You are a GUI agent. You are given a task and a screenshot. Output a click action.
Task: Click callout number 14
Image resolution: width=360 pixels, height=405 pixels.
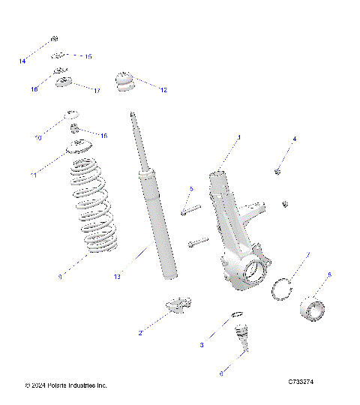point(22,60)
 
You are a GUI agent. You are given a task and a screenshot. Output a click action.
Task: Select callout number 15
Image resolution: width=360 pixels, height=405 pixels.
point(88,56)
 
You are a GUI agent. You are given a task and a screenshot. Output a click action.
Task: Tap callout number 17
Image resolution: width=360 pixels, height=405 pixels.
point(97,91)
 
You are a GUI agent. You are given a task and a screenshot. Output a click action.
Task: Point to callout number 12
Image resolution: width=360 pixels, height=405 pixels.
point(162,90)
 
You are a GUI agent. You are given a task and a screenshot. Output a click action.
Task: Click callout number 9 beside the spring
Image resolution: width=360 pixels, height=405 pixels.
point(59,277)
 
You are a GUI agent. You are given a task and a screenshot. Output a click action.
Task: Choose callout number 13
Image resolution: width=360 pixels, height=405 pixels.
point(117,277)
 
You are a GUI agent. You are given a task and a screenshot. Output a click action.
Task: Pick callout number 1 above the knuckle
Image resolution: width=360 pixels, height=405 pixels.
point(238,138)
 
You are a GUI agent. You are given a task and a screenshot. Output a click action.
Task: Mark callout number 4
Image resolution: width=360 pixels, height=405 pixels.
point(294,139)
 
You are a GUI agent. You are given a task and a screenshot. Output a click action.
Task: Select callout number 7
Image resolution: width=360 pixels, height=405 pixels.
point(307,255)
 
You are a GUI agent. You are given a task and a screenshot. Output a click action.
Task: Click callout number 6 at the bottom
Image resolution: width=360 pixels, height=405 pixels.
point(220,372)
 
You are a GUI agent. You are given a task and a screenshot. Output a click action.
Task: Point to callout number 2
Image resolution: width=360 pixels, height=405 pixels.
point(140,332)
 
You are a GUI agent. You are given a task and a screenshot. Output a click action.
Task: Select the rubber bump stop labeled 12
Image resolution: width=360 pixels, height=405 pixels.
point(125,81)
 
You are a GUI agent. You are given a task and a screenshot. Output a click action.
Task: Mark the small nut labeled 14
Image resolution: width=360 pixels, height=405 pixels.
point(54,39)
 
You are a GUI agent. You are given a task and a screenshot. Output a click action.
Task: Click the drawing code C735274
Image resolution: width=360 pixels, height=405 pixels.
point(301,382)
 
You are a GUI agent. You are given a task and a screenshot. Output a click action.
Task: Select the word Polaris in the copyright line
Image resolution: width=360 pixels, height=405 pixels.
point(61,385)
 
